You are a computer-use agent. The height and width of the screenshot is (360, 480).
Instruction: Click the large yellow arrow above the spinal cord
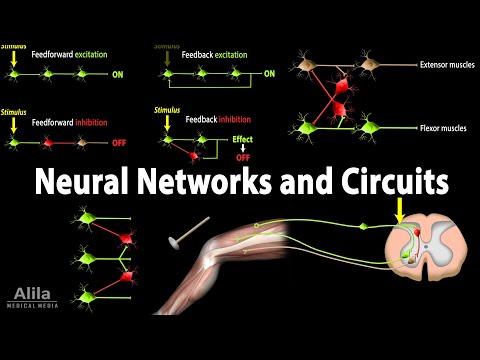point(400,209)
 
